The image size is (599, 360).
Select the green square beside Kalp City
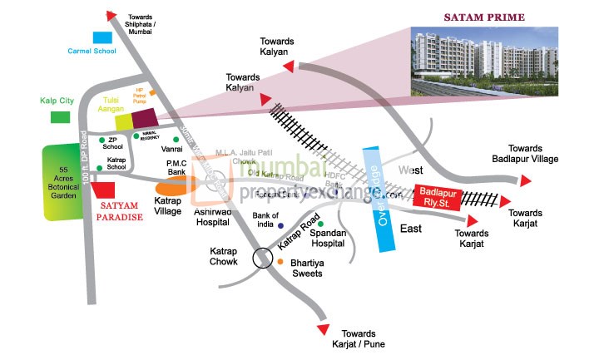(x=60, y=116)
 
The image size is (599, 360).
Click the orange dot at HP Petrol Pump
(x=151, y=92)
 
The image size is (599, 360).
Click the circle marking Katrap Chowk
(x=263, y=259)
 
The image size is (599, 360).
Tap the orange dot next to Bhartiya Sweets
(x=280, y=262)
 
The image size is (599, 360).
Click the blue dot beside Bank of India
(x=280, y=226)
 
